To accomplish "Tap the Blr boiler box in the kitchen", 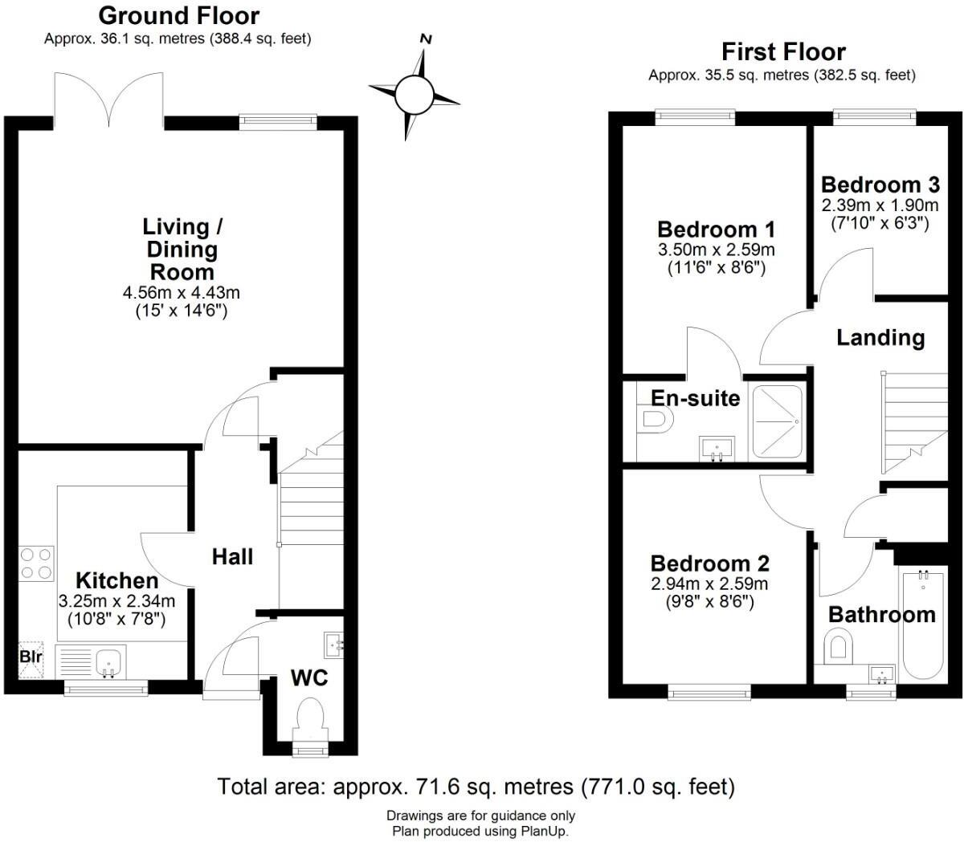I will pos(31,658).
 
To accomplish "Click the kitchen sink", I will pos(108,662).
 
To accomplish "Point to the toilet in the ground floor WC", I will pos(310,717).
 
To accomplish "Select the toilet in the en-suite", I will pos(655,419).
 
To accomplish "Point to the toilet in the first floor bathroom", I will pos(838,646).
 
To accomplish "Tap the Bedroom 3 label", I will pos(880,184).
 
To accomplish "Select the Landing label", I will pos(880,337).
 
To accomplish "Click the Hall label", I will pos(232,556).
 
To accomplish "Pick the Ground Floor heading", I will pos(178,15).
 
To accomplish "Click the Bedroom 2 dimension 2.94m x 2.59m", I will pos(709,584).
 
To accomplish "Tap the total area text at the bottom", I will pos(476,786).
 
